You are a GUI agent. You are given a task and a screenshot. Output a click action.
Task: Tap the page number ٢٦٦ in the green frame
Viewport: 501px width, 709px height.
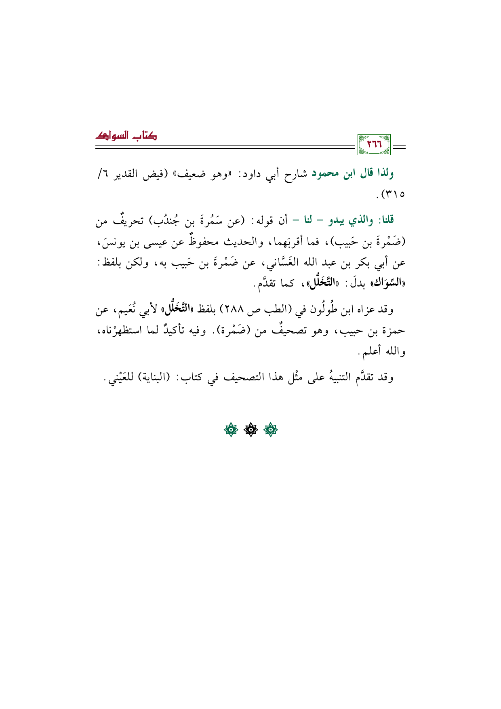(374, 145)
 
